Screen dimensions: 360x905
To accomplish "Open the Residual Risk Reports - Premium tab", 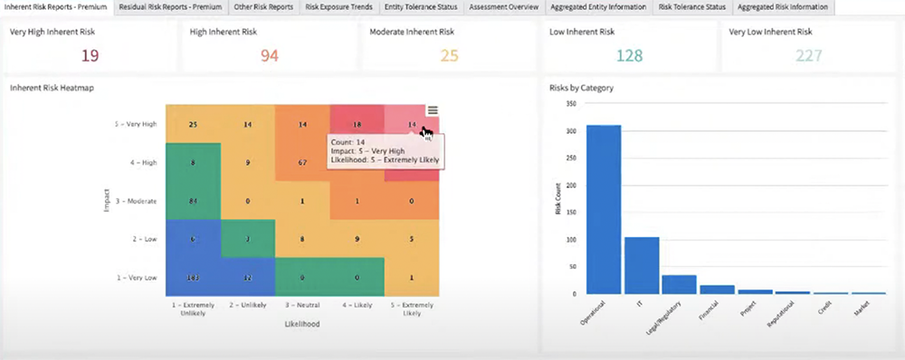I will coord(168,7).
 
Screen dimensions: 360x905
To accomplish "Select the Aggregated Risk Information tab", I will coord(783,7).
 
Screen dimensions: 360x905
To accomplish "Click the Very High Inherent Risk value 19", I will coord(90,56).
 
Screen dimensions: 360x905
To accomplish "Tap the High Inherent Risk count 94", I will coord(270,56).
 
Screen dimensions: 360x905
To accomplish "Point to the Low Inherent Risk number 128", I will coord(630,56).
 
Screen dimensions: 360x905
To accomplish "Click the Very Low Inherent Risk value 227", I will coord(809,56).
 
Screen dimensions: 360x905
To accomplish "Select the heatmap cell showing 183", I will coord(193,276).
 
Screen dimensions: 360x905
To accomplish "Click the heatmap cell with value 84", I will coord(193,200).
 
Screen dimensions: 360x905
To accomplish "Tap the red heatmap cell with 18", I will coord(357,124).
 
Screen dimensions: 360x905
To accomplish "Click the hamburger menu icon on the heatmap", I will coord(433,110).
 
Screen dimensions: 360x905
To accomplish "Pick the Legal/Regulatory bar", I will coord(680,284).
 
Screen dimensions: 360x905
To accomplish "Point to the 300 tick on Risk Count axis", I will coord(570,131).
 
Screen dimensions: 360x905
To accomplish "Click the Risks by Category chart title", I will coord(581,89).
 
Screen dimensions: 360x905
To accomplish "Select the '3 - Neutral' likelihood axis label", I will coord(302,308).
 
